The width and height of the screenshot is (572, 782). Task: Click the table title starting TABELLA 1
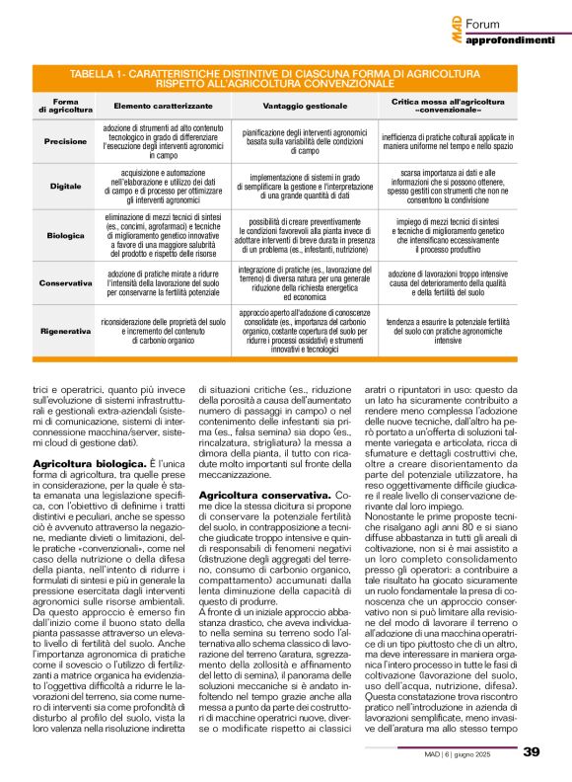tap(285, 79)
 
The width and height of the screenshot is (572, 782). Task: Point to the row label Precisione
tap(66, 141)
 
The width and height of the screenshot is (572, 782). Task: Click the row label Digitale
tap(66, 185)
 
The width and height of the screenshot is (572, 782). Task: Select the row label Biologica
tap(66, 235)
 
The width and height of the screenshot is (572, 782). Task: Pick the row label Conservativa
tap(66, 281)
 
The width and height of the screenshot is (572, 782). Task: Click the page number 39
tap(531, 751)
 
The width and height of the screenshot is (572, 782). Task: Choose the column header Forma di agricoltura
tap(66, 104)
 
